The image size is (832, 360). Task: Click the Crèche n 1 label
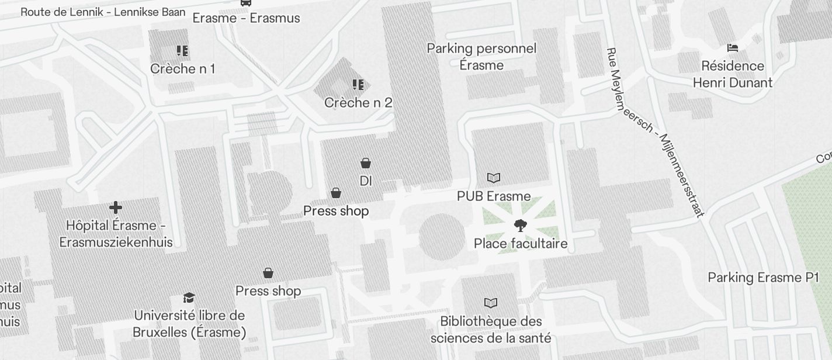coord(182,69)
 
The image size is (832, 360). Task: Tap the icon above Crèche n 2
coord(358,85)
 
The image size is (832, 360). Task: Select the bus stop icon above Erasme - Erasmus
coord(246,3)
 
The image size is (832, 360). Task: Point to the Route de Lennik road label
coord(103,12)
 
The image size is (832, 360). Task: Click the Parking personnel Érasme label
coord(481,57)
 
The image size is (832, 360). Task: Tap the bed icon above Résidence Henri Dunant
coord(732,47)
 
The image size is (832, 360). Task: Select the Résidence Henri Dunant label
coord(732,74)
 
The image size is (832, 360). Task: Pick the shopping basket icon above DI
coord(366,163)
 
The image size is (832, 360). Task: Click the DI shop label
coord(366,181)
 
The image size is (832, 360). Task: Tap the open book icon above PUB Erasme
coord(494,178)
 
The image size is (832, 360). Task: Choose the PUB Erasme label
coord(494,196)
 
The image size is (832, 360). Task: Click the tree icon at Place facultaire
coord(519,226)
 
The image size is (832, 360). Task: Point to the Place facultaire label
coord(520,243)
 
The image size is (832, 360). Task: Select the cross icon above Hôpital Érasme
coord(116,207)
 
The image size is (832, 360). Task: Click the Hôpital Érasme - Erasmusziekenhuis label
coord(116,234)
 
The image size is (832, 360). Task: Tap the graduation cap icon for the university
coord(189,298)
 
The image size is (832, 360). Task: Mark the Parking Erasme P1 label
coord(764,278)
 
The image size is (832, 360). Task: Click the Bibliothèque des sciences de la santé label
coord(491,330)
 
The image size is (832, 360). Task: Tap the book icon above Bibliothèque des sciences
coord(491,303)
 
